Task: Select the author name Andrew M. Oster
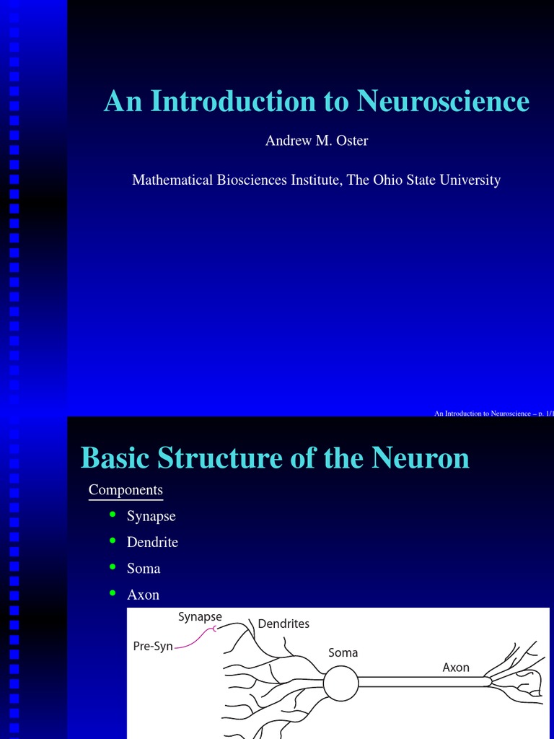point(317,141)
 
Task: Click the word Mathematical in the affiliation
point(172,180)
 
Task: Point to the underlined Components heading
point(126,490)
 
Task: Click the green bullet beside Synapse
point(112,514)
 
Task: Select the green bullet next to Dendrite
point(112,540)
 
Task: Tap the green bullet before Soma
point(112,566)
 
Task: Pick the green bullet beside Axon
point(112,592)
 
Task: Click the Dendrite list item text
point(152,542)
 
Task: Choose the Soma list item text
point(144,569)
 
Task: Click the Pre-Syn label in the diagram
point(153,646)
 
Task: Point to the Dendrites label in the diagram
point(283,624)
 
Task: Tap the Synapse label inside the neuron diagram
point(200,617)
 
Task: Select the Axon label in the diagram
point(456,667)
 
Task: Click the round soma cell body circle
point(340,683)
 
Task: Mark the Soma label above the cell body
point(343,652)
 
